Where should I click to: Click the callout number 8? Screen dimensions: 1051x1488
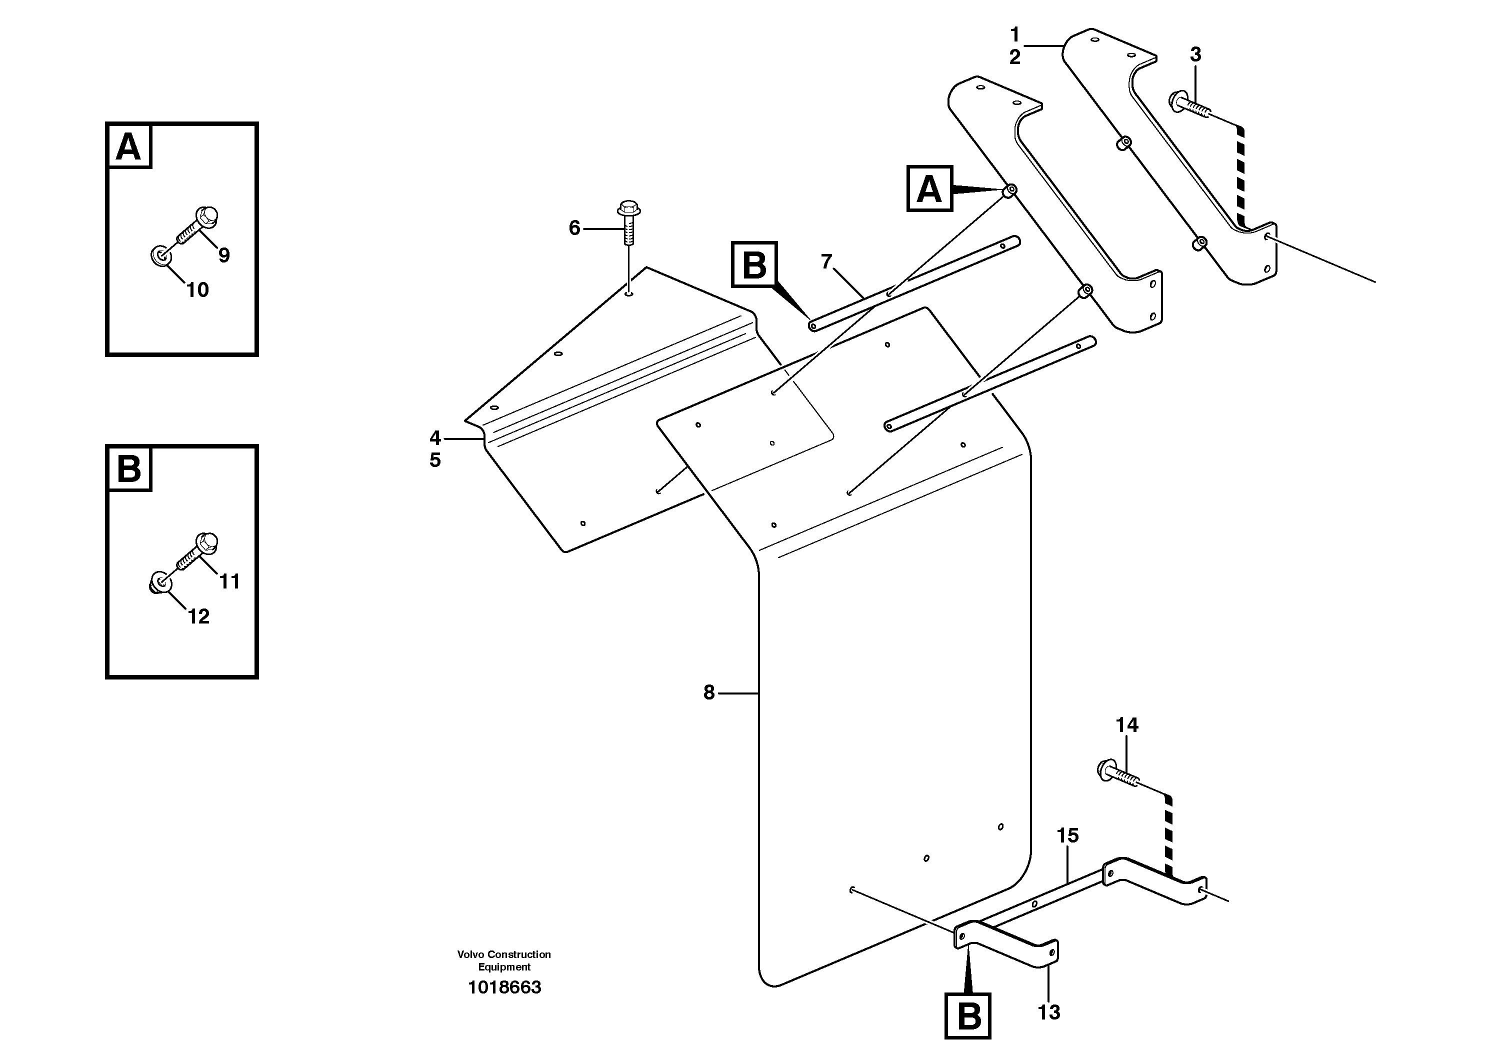(709, 692)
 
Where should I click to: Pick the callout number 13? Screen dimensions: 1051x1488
(1048, 1011)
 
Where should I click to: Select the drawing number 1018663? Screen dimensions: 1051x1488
(504, 987)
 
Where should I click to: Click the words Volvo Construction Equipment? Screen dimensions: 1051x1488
(504, 960)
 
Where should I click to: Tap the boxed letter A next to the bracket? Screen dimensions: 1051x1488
(928, 189)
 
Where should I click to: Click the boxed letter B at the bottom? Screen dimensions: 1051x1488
(968, 1016)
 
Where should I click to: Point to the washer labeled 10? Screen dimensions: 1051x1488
(159, 256)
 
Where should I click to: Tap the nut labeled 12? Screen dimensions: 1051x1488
(159, 583)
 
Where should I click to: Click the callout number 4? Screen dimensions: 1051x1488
(435, 437)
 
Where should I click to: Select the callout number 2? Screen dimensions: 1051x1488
(1014, 57)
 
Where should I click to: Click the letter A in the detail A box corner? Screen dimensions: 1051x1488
(128, 147)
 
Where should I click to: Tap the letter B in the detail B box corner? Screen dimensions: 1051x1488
(128, 468)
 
